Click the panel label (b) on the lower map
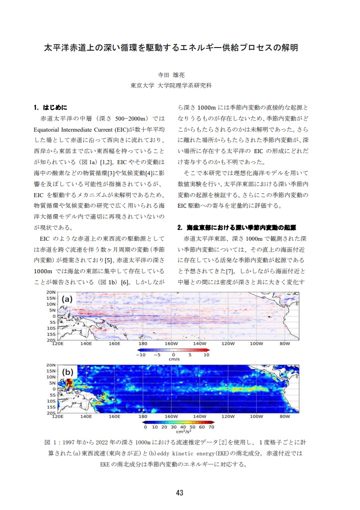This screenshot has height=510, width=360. click(67, 372)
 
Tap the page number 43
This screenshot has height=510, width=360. click(180, 492)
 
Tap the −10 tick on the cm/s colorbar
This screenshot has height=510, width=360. click(140, 354)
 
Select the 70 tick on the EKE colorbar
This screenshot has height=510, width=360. click(211, 427)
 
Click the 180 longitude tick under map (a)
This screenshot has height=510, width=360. click(143, 344)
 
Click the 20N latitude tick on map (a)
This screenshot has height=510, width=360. click(51, 291)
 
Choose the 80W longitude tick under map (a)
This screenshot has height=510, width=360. click(285, 344)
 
